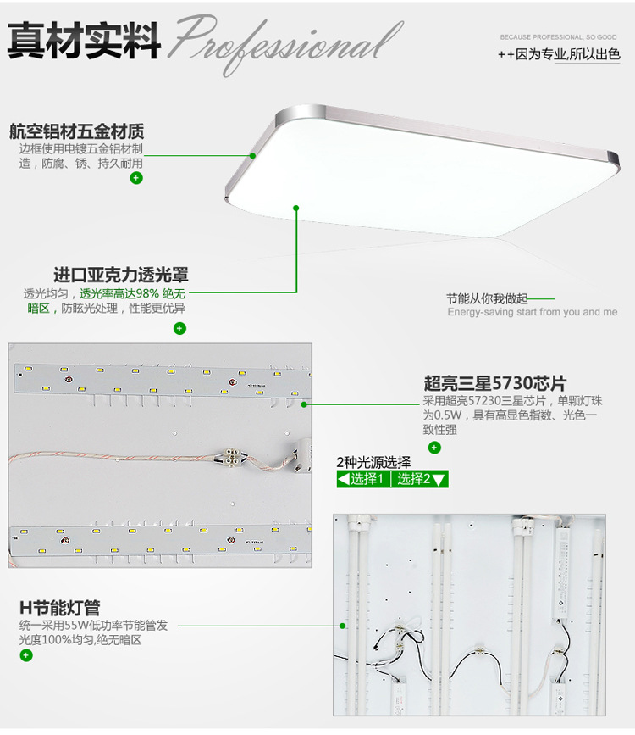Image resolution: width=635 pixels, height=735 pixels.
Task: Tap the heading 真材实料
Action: (84, 41)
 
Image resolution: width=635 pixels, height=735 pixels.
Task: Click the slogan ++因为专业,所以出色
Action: (559, 54)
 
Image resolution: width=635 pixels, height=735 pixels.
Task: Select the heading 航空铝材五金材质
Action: (77, 131)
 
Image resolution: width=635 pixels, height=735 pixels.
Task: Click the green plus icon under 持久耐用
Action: (136, 178)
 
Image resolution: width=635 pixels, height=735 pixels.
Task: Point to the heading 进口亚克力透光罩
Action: (121, 275)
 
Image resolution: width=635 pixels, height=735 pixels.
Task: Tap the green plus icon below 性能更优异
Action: (179, 329)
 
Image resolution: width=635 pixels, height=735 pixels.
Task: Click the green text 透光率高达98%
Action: (119, 294)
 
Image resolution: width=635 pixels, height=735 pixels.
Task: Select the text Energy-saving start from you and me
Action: (533, 312)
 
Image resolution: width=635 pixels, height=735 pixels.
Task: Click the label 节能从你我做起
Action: (487, 298)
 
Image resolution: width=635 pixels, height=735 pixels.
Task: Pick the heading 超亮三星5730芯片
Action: (495, 383)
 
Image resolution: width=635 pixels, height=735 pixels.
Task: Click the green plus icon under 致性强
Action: (434, 448)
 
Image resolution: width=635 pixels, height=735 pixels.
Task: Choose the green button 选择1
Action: (363, 479)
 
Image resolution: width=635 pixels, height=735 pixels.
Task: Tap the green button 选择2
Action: (420, 479)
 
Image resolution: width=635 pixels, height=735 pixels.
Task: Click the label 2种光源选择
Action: (373, 463)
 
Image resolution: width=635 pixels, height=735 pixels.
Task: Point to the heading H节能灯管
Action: (60, 608)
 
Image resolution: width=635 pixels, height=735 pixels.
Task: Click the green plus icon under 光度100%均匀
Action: (26, 655)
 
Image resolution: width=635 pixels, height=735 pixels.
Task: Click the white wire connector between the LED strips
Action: (232, 455)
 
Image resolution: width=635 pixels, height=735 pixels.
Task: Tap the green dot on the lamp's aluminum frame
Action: (253, 156)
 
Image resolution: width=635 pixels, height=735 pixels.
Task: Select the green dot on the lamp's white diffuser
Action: (296, 208)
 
